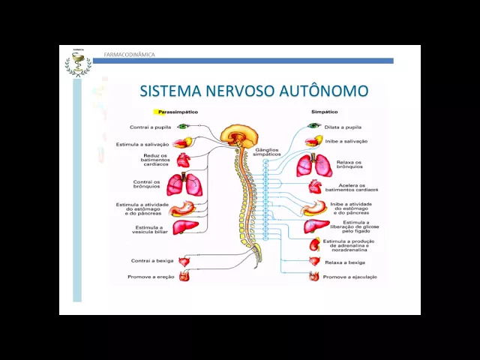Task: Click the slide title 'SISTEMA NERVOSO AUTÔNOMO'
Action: (x=254, y=91)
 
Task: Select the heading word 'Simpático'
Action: (x=324, y=112)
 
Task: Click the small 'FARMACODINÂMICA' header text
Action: (x=130, y=55)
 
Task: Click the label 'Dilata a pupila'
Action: (x=343, y=127)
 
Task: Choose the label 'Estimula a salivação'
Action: (x=142, y=143)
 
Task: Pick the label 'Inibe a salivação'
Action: (x=346, y=141)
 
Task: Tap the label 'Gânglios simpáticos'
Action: (x=267, y=152)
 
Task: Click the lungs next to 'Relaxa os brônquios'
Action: (x=314, y=166)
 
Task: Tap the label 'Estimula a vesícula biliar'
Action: (x=149, y=229)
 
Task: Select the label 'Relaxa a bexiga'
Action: (x=345, y=262)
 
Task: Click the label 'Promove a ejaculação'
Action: (x=349, y=277)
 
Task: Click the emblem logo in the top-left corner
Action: (x=77, y=64)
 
